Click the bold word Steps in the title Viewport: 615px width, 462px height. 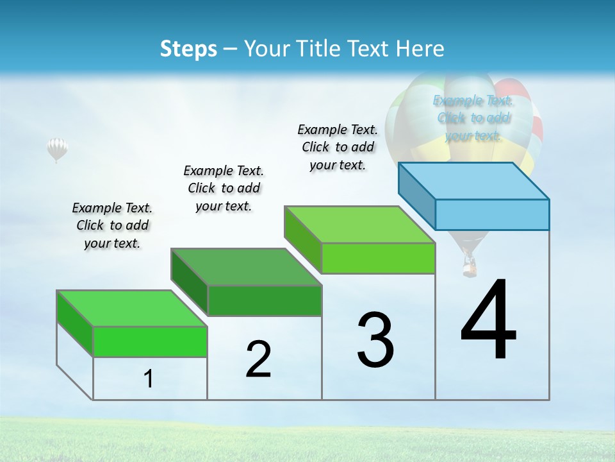click(188, 49)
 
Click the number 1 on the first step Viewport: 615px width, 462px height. click(149, 379)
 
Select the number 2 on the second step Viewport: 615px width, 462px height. click(258, 359)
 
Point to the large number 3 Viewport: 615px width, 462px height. click(376, 340)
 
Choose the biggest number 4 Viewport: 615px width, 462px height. click(489, 321)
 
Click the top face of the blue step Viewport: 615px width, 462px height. click(474, 180)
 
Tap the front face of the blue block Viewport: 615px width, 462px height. click(492, 214)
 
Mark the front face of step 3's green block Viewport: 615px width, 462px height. click(378, 258)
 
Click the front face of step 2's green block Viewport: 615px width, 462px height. click(265, 300)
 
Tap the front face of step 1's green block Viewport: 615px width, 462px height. click(151, 341)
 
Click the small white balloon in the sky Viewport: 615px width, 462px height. click(57, 149)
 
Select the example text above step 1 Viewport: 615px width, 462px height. click(111, 225)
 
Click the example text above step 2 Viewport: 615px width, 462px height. click(224, 188)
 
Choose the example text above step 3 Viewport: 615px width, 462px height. click(338, 147)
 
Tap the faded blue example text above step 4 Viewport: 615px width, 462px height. click(473, 118)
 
